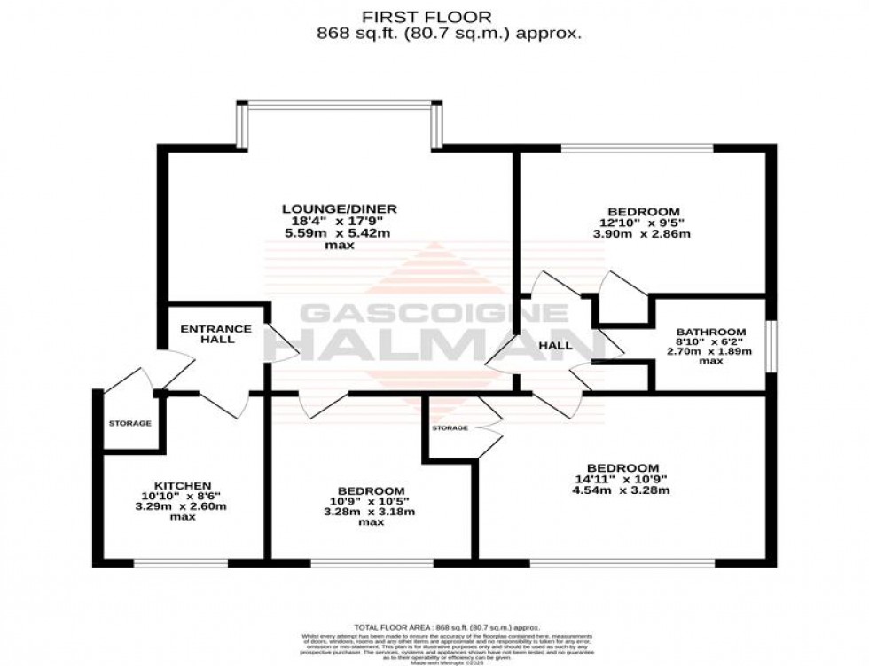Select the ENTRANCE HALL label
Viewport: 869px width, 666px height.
coord(215,334)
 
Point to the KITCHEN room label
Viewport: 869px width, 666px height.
coord(183,485)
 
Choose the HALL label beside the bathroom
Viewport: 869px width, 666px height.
coord(556,345)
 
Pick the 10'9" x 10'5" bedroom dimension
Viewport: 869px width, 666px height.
coord(372,502)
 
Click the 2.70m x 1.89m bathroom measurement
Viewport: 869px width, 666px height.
coord(709,351)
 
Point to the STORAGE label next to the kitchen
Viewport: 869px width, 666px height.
coord(130,423)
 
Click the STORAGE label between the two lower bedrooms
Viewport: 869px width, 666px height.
coord(450,428)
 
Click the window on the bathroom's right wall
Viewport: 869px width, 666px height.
coord(771,341)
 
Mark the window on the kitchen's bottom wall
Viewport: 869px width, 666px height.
coord(180,561)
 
